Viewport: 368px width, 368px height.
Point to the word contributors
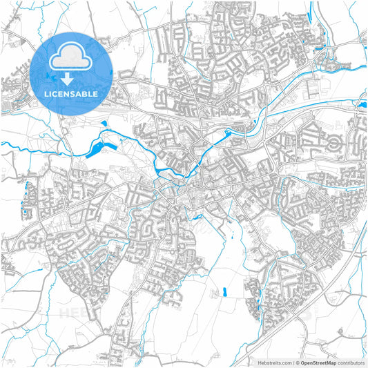point(351,362)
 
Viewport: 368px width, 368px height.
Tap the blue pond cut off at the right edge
point(363,104)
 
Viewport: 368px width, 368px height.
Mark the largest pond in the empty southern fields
point(225,293)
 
